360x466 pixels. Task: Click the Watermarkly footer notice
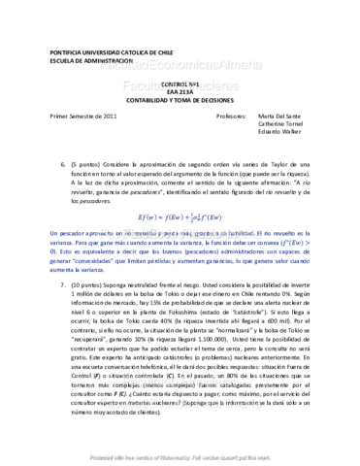pyautogui.click(x=180, y=453)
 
